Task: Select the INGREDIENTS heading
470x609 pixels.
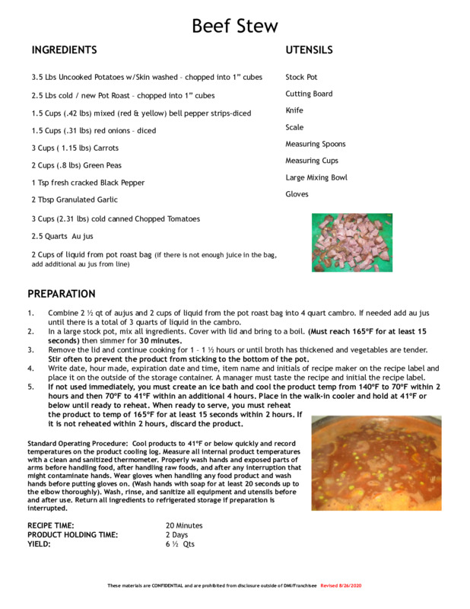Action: point(64,50)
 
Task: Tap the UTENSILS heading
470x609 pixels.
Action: point(309,50)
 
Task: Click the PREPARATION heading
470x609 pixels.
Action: point(62,294)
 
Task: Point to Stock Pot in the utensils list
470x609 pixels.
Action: point(301,77)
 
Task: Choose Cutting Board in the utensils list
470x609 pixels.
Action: point(309,94)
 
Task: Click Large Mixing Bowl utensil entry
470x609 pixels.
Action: point(316,177)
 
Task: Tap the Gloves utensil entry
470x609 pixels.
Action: point(297,194)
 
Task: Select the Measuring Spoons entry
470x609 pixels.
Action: point(315,144)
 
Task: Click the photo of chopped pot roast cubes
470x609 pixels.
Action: point(352,242)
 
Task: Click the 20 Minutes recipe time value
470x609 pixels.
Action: point(184,525)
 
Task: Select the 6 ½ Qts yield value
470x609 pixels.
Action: point(180,544)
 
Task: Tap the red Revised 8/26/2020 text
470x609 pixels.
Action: point(341,585)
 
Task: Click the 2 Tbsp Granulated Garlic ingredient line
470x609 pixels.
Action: point(75,199)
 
